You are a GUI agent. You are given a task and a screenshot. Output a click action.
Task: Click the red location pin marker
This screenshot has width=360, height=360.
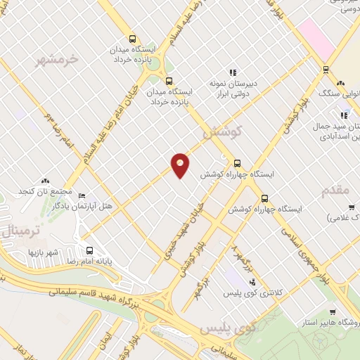[181, 165]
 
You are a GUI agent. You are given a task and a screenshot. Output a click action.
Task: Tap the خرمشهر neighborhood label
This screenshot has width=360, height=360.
[58, 60]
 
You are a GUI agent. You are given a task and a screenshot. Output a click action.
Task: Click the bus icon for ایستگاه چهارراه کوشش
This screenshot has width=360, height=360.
[237, 162]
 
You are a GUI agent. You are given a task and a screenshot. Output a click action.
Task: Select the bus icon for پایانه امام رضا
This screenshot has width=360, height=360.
[89, 250]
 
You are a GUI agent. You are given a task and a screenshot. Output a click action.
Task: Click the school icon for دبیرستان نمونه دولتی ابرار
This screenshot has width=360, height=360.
[232, 72]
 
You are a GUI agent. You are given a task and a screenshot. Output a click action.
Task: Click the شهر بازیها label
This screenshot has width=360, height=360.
[47, 251]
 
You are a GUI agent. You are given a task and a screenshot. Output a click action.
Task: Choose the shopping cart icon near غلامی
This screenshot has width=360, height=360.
[351, 207]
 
